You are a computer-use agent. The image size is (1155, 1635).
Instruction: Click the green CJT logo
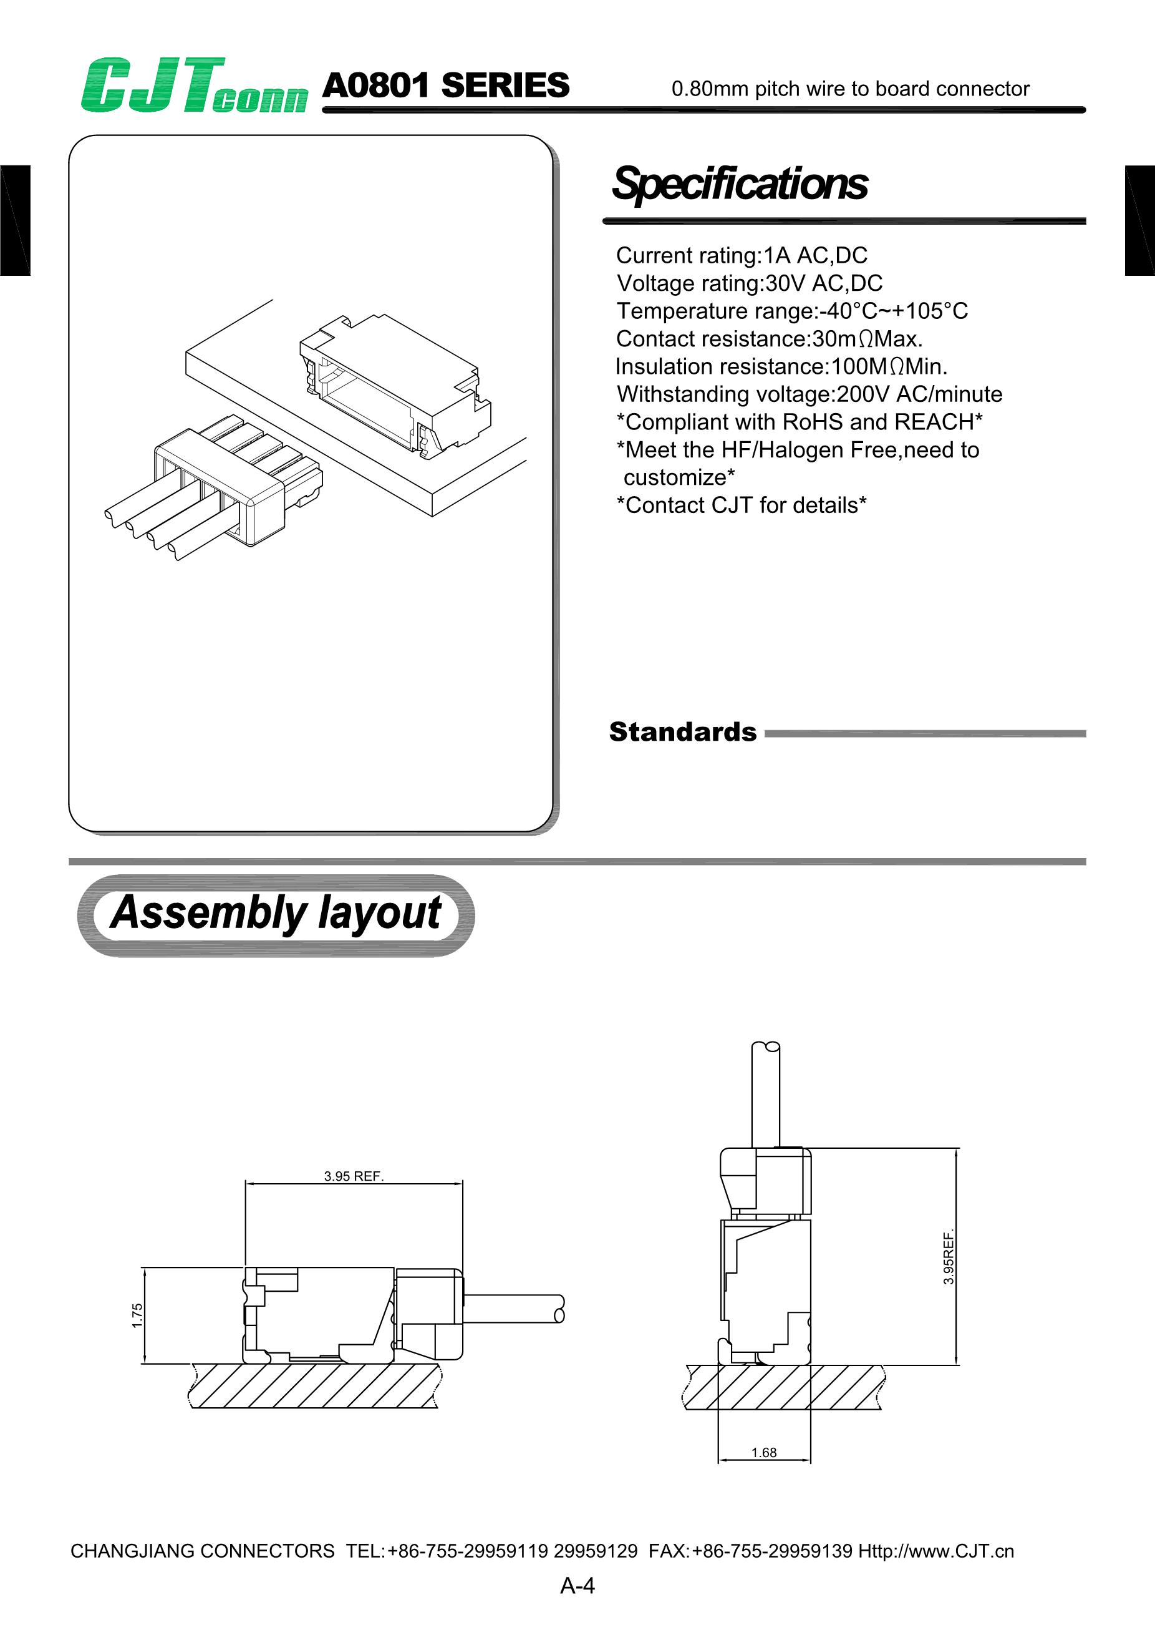point(193,85)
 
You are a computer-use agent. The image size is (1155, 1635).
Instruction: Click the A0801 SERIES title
point(445,85)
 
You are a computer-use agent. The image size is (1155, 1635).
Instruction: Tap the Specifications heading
point(740,183)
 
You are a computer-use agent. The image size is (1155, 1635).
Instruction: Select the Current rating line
point(742,255)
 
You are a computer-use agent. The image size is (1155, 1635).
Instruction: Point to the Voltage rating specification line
point(750,283)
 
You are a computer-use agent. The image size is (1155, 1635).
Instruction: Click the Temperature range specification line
point(792,311)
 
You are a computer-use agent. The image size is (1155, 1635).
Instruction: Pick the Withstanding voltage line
point(809,394)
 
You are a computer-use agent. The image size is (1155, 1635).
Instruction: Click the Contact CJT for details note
point(741,505)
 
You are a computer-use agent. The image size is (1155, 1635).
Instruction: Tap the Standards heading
point(682,732)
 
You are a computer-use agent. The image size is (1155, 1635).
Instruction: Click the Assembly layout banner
point(276,914)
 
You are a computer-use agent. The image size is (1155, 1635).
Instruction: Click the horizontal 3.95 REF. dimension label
point(354,1176)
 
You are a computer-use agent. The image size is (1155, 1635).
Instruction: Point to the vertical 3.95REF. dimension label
point(949,1257)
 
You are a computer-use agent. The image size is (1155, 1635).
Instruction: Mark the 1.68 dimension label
point(763,1452)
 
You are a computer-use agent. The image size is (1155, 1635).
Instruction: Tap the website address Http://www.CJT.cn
point(936,1551)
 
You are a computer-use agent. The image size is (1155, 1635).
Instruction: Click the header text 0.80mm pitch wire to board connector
point(851,89)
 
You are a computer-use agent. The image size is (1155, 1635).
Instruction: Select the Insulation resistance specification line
point(781,366)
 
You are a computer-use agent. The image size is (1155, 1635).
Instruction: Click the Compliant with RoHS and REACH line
point(799,422)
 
